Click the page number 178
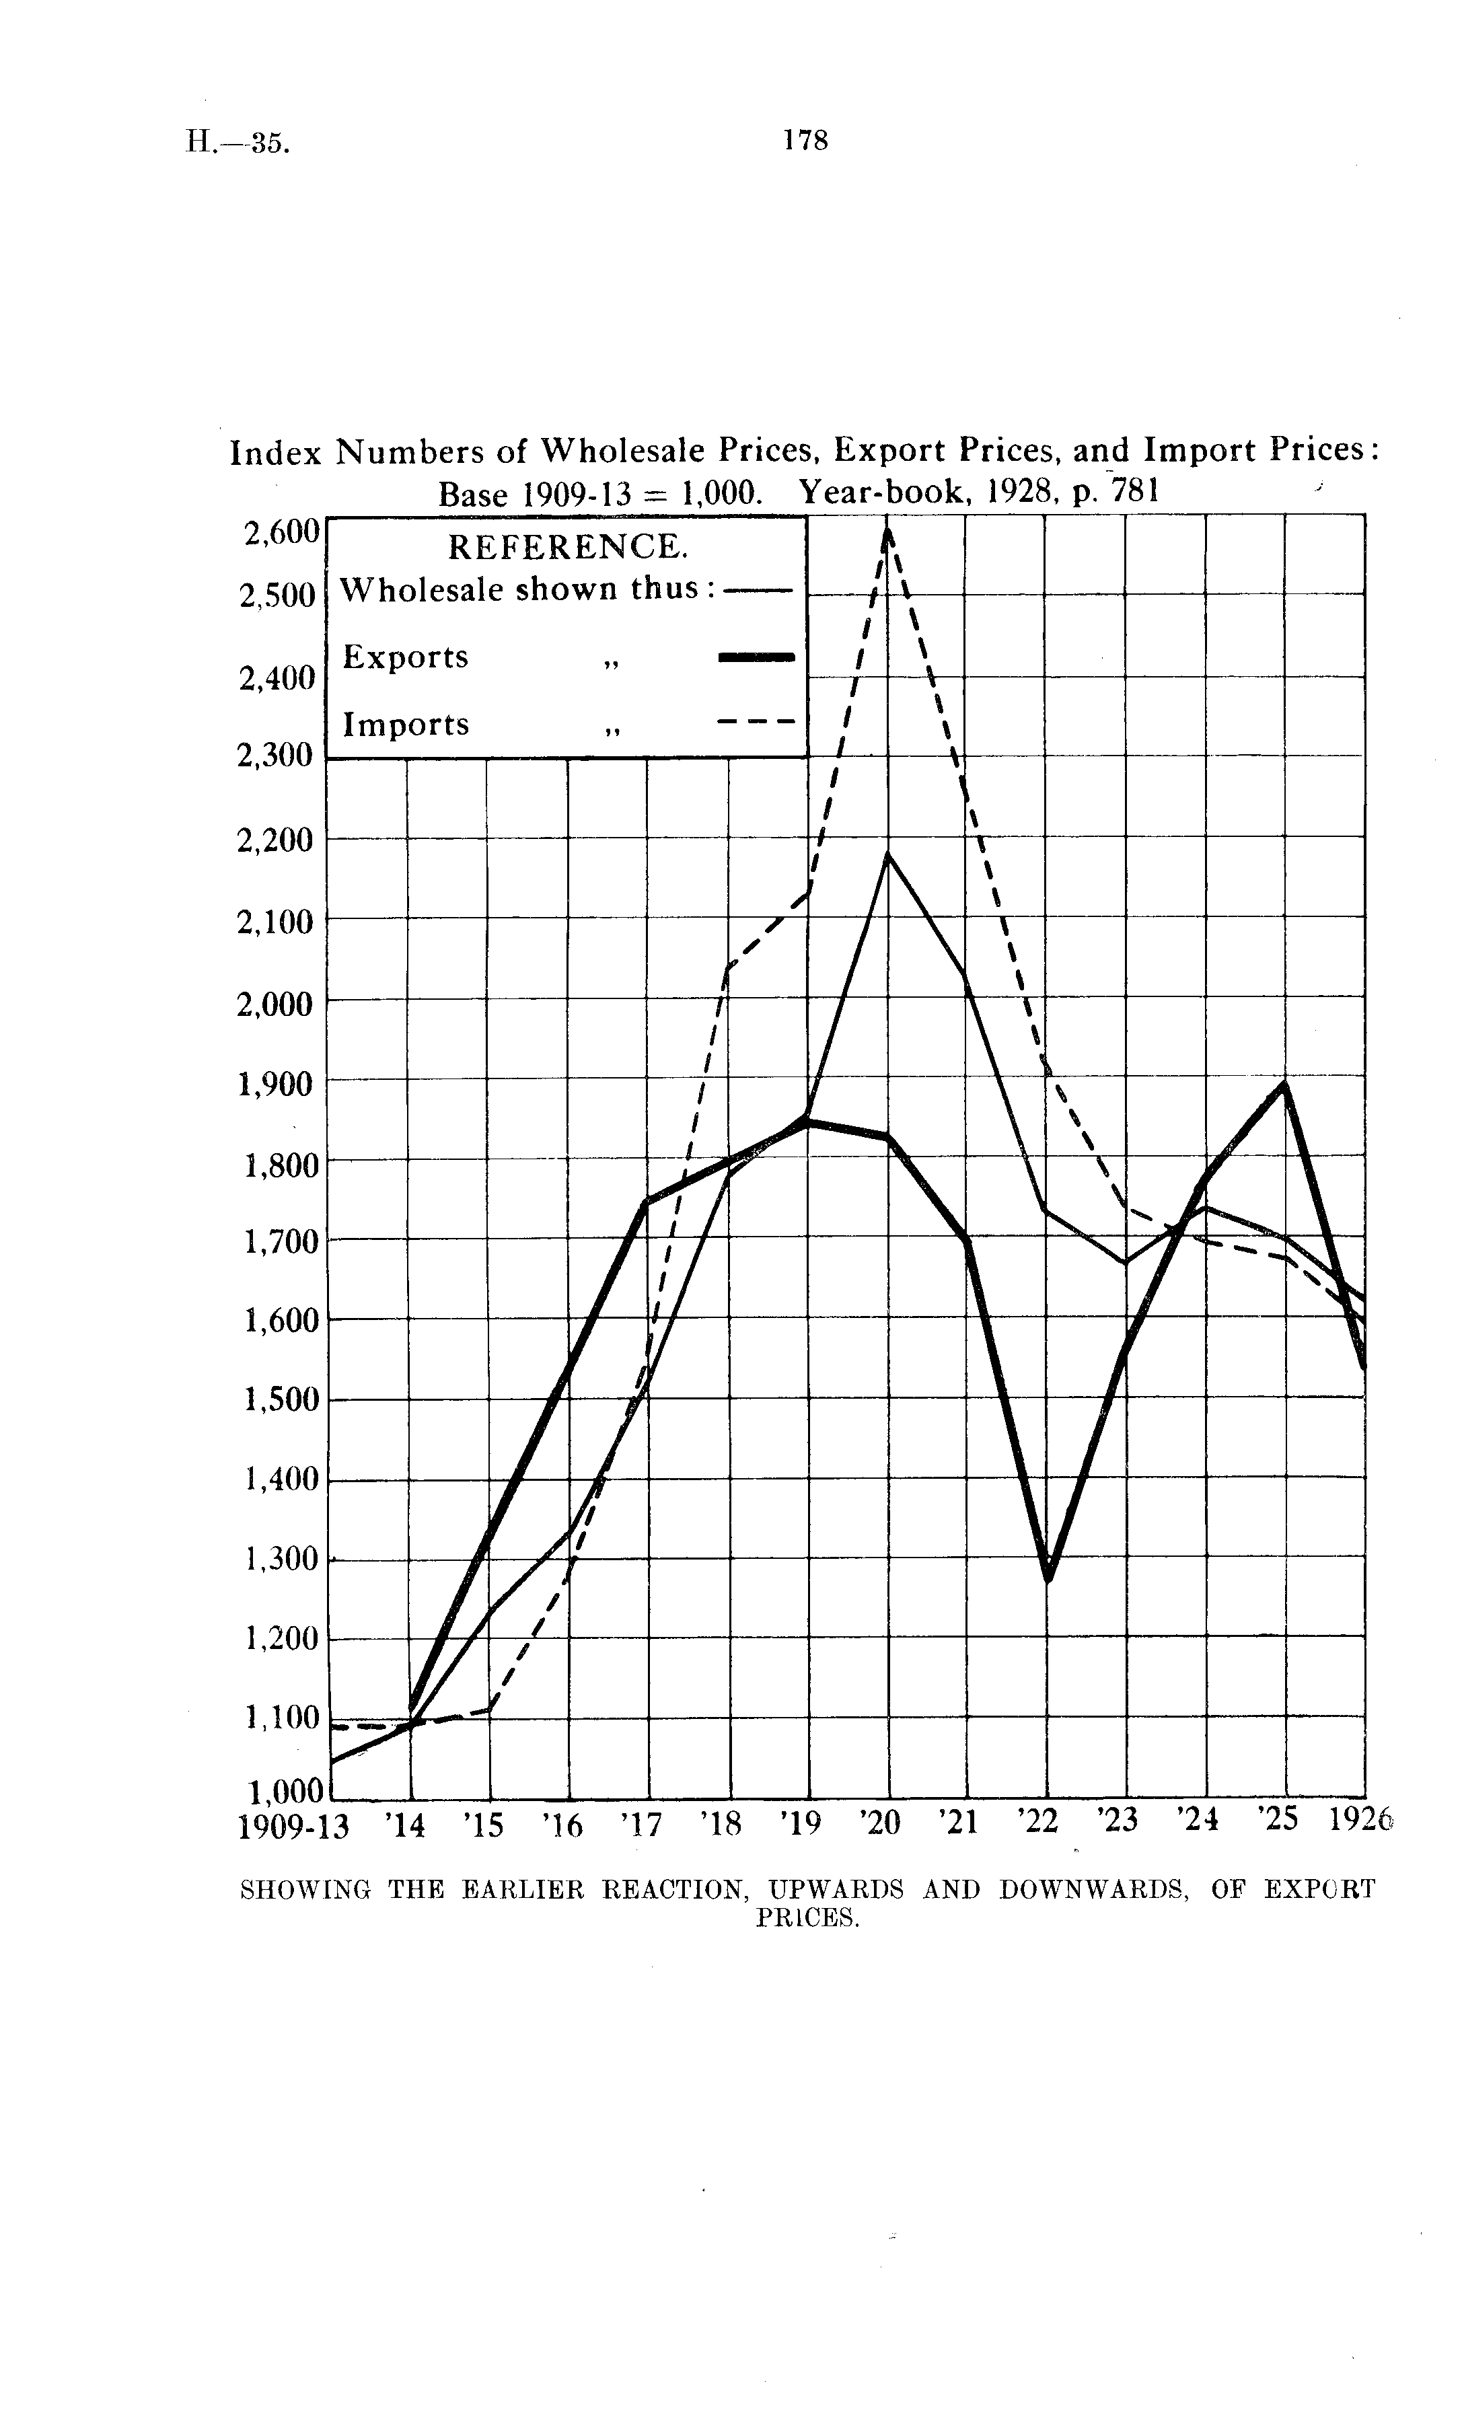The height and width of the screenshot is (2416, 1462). [805, 140]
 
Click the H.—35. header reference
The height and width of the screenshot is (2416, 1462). [237, 143]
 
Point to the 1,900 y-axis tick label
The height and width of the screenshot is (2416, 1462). [277, 1083]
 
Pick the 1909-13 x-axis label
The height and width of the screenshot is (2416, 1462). [293, 1825]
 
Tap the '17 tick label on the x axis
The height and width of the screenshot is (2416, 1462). [643, 1825]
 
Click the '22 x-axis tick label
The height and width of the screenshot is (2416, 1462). [1040, 1823]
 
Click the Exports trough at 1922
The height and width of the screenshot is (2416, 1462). [1048, 1576]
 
